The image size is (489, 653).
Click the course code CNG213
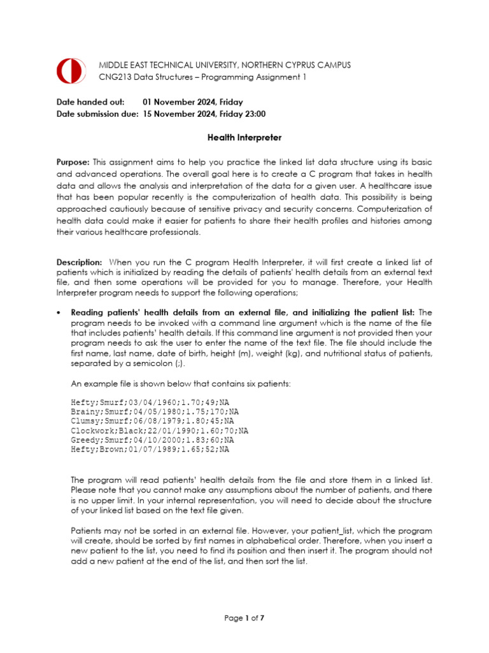[x=114, y=77]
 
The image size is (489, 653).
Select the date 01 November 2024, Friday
[x=192, y=102]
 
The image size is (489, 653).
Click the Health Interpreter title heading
[x=244, y=137]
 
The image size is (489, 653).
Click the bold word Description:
[x=79, y=262]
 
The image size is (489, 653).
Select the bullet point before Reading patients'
[x=59, y=312]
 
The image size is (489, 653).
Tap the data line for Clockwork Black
[x=159, y=431]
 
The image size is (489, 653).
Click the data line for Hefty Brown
[x=150, y=450]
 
